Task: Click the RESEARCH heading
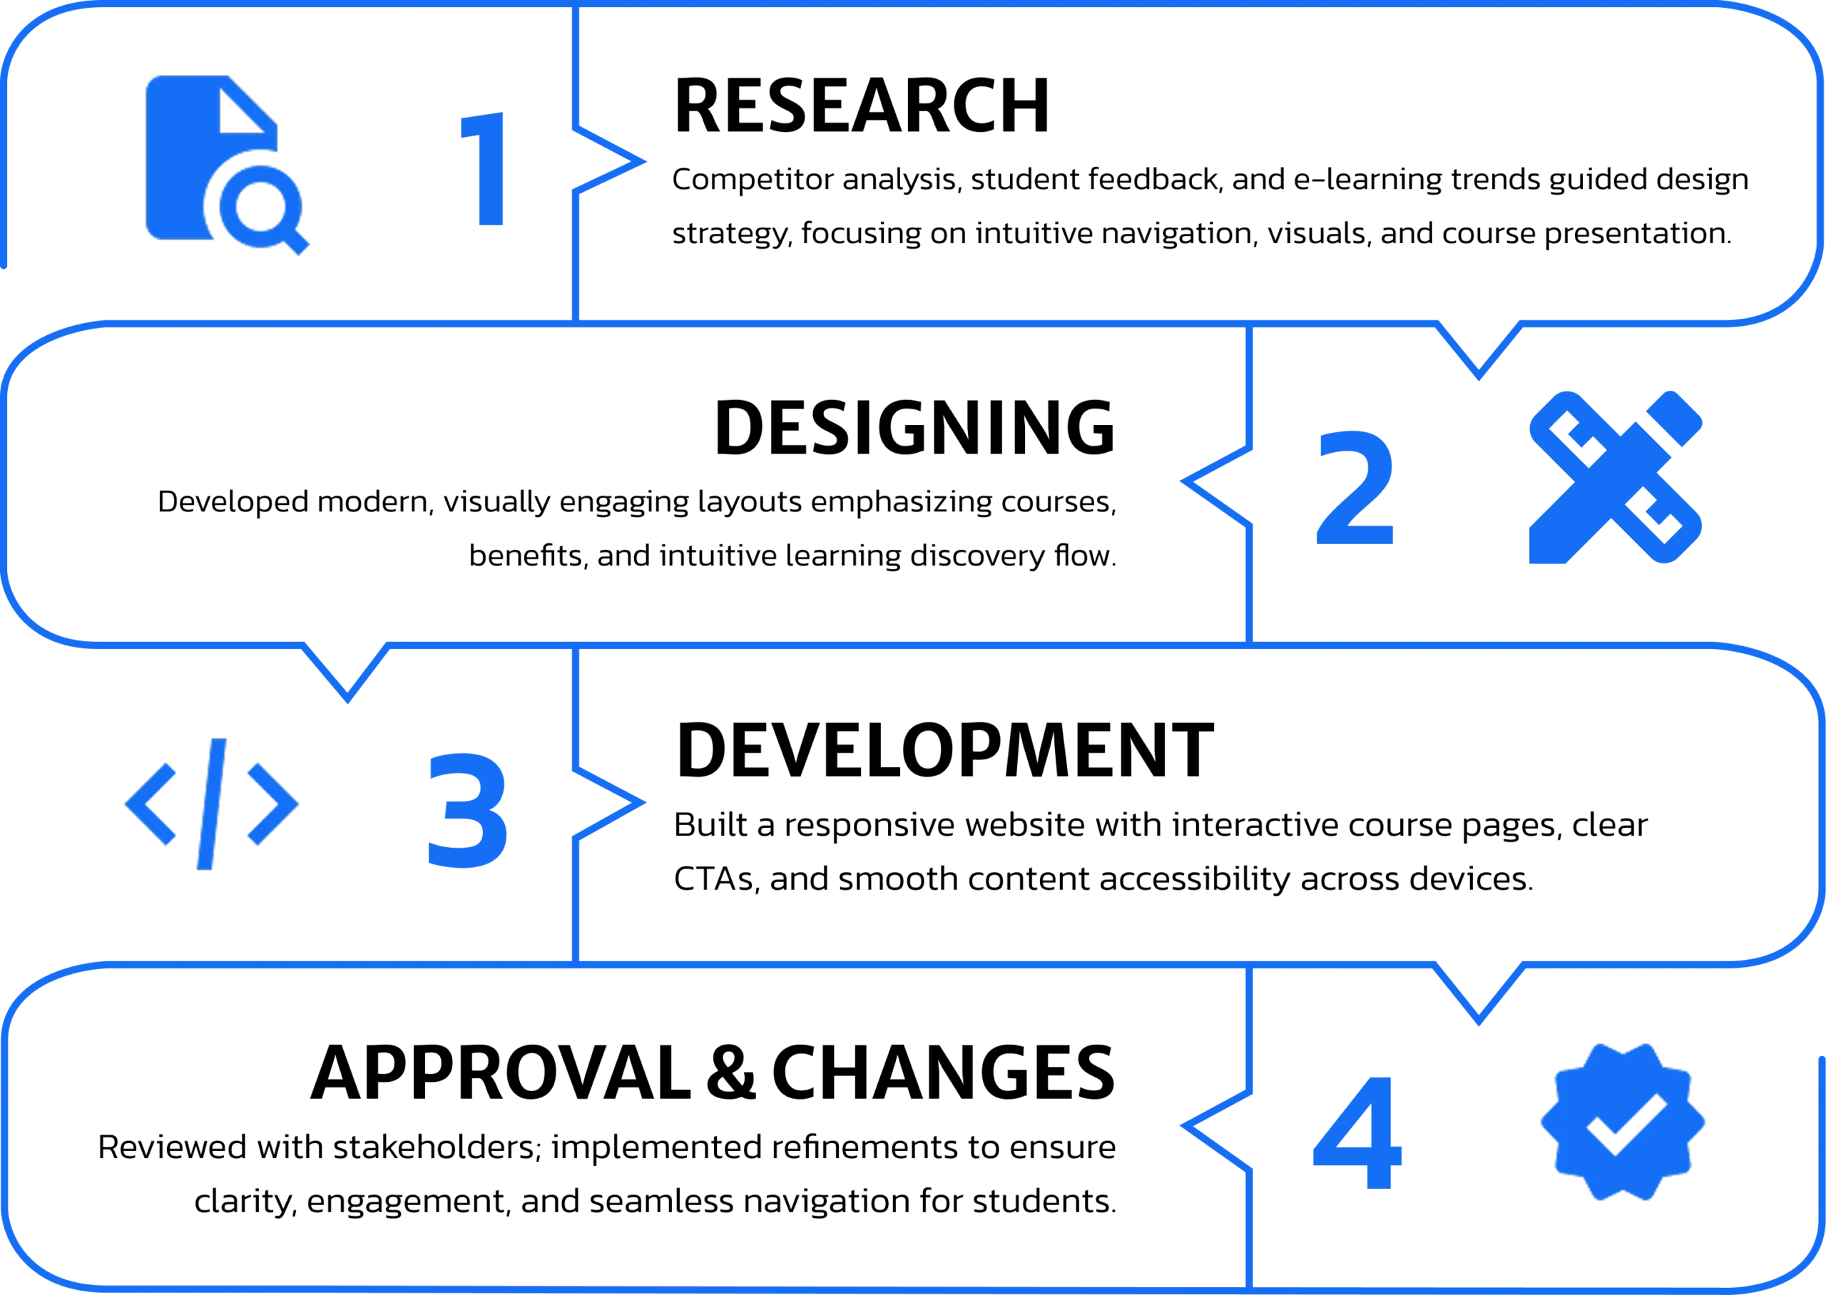(861, 106)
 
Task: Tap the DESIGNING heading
(914, 427)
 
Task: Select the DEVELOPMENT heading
(945, 749)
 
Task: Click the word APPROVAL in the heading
(501, 1073)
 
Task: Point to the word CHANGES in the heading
(943, 1073)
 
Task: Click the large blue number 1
(483, 169)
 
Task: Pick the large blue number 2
(1354, 487)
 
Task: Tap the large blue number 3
(468, 810)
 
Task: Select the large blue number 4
(1357, 1132)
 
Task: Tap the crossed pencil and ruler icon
(1616, 477)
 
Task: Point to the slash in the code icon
(211, 804)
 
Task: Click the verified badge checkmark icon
(1623, 1122)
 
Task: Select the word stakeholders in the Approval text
(437, 1147)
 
